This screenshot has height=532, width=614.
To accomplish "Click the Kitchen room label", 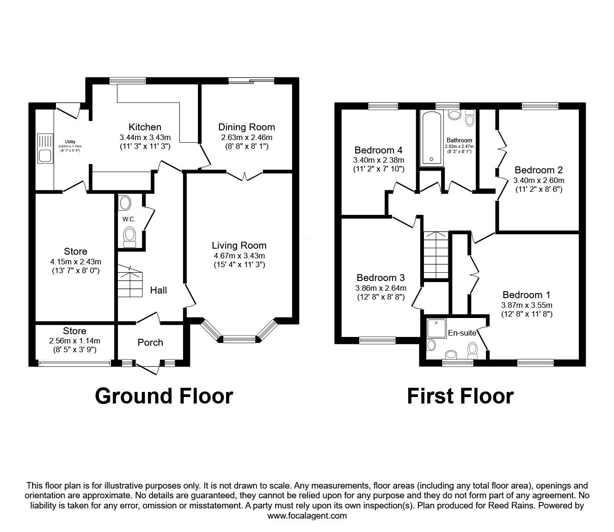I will (145, 127).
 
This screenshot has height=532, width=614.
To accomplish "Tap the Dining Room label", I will (246, 127).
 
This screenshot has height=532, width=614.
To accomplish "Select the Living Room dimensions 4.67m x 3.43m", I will (239, 256).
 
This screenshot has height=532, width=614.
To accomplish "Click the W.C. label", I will (129, 219).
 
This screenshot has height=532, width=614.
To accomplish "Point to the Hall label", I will (159, 290).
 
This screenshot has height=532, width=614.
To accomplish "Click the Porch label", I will (150, 342).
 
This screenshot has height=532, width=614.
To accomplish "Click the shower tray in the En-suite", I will (436, 329).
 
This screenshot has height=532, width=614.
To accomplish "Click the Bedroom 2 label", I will (539, 170).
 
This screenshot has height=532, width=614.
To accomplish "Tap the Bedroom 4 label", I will (378, 150).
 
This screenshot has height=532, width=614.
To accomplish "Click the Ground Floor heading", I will (164, 396).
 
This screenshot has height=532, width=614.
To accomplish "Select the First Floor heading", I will (460, 396).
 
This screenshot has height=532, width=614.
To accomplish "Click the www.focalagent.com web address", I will (307, 516).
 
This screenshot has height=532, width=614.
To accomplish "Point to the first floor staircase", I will (436, 255).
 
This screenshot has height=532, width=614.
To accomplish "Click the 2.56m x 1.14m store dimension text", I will (74, 341).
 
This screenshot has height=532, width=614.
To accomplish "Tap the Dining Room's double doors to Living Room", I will (245, 175).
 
